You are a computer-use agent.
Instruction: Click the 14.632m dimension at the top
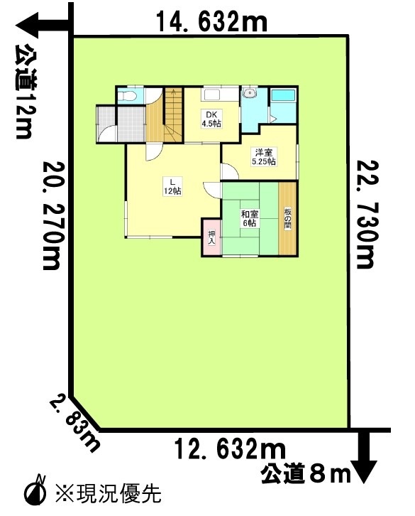point(211,21)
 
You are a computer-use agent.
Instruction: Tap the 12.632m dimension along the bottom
point(230,449)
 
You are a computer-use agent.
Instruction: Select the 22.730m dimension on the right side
point(365,214)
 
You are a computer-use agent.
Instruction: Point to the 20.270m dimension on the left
point(52,216)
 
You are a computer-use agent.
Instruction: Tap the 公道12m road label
point(25,92)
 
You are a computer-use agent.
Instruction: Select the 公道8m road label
point(306,475)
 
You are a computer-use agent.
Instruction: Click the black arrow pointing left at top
point(43,26)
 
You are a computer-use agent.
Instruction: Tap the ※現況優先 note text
point(109,493)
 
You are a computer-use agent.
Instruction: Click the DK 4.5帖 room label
point(211,119)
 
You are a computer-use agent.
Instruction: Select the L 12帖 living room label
point(172,186)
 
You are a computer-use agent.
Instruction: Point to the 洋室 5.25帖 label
point(263,157)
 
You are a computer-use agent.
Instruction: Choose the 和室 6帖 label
point(250,218)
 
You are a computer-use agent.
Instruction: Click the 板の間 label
point(288,219)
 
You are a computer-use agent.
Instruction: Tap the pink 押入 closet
point(211,237)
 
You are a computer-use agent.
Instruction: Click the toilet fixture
point(127,96)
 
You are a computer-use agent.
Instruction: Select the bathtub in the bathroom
point(283,95)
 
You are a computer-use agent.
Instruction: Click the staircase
point(173,115)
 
